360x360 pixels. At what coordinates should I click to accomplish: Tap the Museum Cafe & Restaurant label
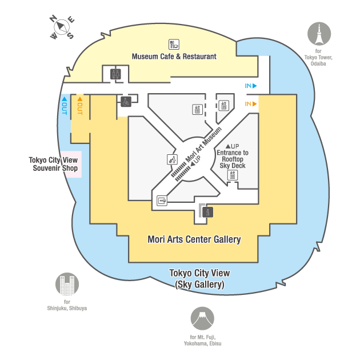tap(174, 57)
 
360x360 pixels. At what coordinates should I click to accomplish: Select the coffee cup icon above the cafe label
tap(174, 44)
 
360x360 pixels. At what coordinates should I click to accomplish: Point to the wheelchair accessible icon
tap(126, 101)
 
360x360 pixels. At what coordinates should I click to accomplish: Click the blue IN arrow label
tap(251, 86)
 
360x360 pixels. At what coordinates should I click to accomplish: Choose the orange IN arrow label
tap(251, 104)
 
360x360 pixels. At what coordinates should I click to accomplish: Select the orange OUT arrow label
tap(79, 106)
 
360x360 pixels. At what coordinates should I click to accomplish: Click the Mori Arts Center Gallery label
tap(194, 239)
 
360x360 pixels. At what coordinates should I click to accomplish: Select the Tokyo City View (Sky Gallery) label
tap(199, 278)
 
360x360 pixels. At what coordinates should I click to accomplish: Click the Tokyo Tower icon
tap(319, 34)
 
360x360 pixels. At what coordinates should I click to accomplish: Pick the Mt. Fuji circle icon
tap(202, 319)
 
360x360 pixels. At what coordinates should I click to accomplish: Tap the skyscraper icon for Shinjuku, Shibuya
tap(67, 285)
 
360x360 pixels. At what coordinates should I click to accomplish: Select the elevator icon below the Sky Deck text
tap(233, 175)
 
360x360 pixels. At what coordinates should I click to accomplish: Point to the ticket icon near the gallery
tap(162, 201)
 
